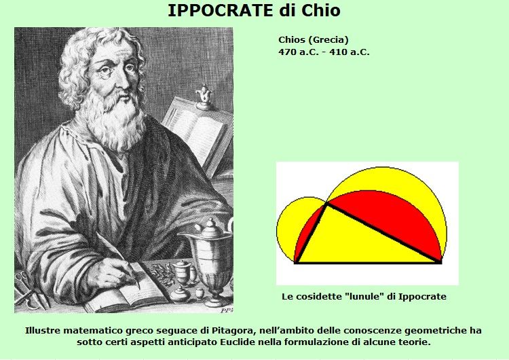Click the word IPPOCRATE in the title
pyautogui.click(x=220, y=10)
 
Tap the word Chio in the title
pyautogui.click(x=320, y=10)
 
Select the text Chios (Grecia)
pyautogui.click(x=314, y=40)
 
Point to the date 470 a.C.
pyautogui.click(x=299, y=52)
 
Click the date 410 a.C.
pyautogui.click(x=350, y=52)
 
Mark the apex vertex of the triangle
pyautogui.click(x=326, y=203)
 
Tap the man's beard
pyautogui.click(x=113, y=120)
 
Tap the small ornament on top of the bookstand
pyautogui.click(x=204, y=97)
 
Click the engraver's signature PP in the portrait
pyautogui.click(x=227, y=310)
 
